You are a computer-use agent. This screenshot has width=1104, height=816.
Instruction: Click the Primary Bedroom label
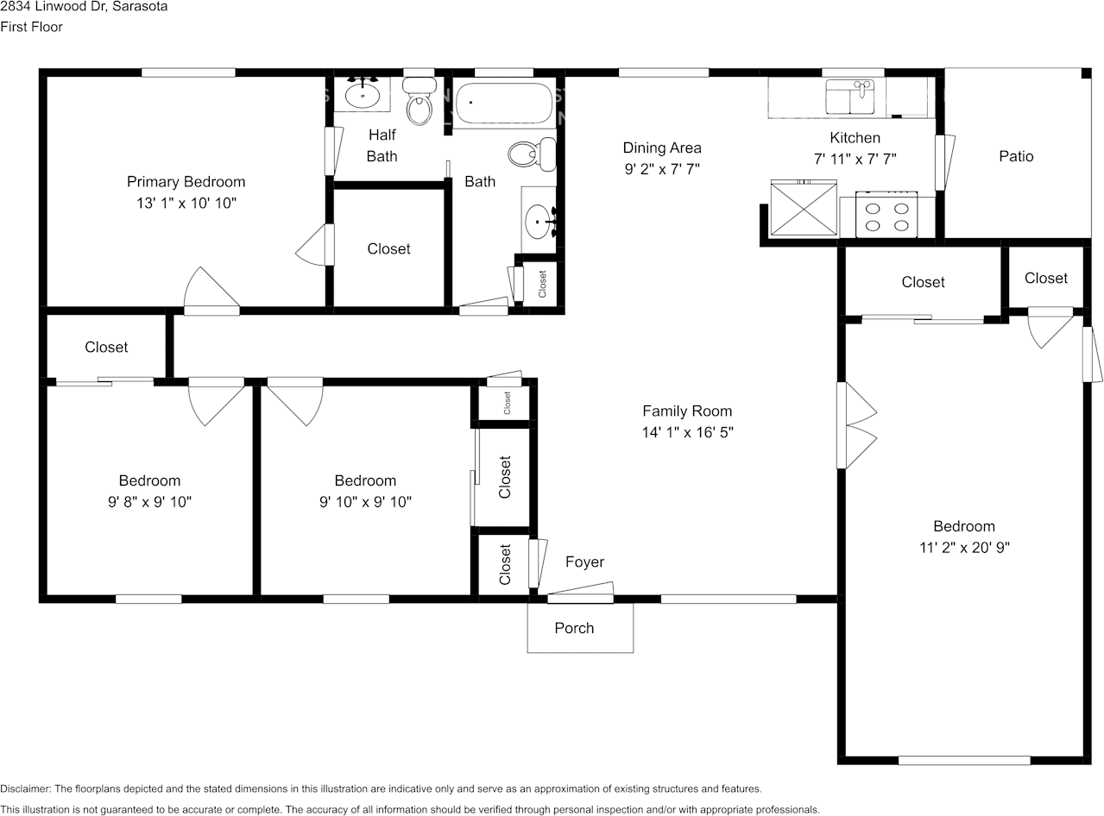pos(186,182)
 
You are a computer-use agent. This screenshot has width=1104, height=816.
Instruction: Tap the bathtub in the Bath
pos(504,103)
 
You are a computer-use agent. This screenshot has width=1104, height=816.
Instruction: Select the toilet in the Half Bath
pos(420,101)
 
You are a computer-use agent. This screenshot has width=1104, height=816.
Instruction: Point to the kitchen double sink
pos(849,97)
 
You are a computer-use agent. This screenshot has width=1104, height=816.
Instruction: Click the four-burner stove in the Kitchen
pos(886,215)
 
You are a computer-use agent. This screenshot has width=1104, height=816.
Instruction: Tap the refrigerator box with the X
pos(804,208)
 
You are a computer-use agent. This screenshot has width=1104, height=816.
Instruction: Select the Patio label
pos(1016,156)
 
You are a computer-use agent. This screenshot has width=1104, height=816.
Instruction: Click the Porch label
pos(574,628)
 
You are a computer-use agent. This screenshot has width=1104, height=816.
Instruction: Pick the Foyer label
pos(584,562)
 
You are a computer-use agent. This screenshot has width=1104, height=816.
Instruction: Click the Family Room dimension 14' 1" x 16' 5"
pos(687,432)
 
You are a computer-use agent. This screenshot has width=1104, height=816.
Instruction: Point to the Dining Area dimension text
pos(662,169)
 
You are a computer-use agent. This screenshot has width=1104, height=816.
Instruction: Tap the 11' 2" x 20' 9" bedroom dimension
pos(964,548)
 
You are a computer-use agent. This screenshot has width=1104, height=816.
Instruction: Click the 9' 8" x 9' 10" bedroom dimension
pos(149,501)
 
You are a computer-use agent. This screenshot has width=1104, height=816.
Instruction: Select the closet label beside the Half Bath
pos(388,248)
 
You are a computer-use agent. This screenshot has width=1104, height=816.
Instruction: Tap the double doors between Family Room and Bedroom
pos(856,425)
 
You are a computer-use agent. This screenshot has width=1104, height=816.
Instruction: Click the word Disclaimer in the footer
pos(25,788)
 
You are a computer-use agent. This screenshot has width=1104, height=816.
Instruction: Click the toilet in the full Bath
pos(532,154)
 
